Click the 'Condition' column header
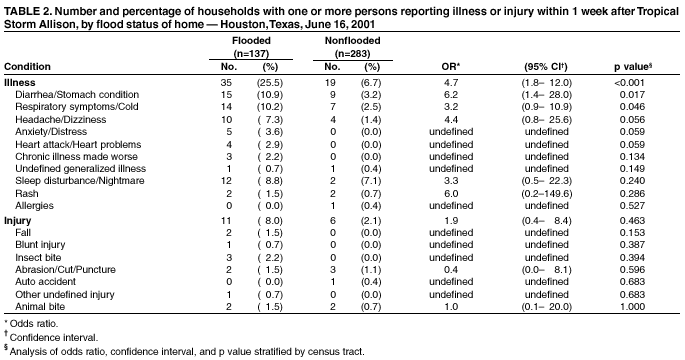click(27, 66)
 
